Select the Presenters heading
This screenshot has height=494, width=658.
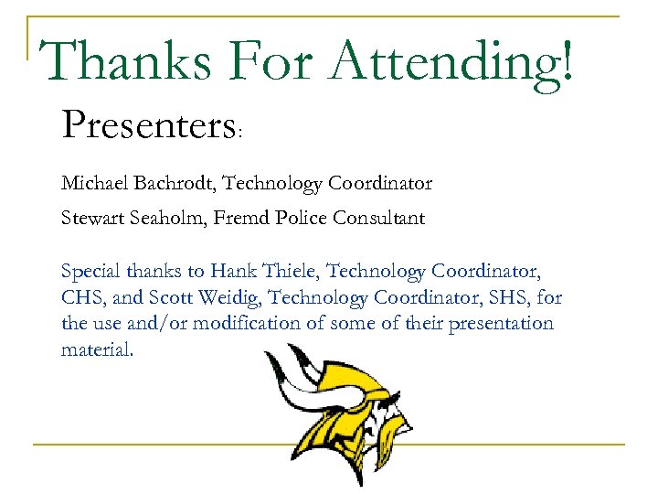point(148,124)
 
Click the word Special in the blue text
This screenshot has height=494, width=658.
point(89,272)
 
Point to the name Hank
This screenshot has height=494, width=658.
point(229,271)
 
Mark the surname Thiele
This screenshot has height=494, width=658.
point(287,271)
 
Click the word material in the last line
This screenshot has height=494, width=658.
point(95,349)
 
